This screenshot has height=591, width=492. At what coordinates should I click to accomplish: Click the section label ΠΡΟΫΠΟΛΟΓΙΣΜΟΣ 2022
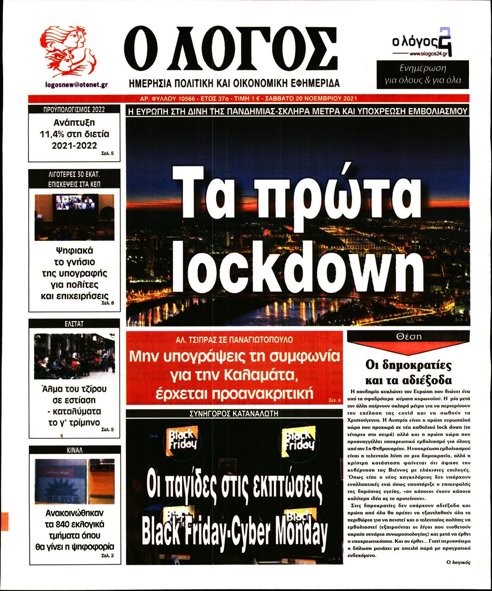(74, 110)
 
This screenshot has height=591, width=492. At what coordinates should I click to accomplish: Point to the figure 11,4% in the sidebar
(51, 134)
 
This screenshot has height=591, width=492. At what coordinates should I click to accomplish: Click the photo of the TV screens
(75, 217)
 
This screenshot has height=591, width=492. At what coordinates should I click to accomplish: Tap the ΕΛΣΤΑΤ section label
(74, 324)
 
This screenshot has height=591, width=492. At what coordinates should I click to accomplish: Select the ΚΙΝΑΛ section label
(75, 450)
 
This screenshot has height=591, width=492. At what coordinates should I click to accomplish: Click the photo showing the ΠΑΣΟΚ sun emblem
(74, 481)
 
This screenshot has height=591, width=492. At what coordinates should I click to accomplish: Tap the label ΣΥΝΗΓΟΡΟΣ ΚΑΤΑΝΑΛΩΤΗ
(234, 413)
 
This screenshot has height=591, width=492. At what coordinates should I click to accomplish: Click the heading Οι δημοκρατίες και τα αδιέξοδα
(408, 372)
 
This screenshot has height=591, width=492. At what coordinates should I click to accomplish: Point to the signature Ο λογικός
(458, 562)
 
